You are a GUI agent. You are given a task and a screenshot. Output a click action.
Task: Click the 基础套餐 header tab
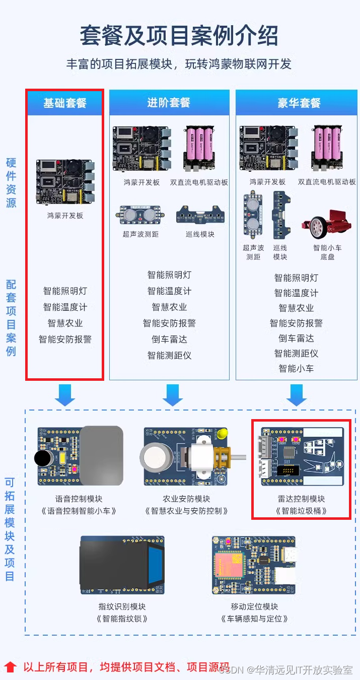tap(65, 103)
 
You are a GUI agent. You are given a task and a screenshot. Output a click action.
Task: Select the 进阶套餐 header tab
tap(169, 103)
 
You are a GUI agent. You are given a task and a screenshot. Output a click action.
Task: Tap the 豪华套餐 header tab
tap(299, 103)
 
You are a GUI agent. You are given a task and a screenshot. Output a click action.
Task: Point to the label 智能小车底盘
tap(327, 252)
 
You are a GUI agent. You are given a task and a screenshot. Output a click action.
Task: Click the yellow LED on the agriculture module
tap(223, 433)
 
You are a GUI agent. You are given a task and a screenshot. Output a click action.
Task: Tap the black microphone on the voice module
tap(44, 458)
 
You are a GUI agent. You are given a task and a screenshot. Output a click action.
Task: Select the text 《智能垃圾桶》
tap(301, 511)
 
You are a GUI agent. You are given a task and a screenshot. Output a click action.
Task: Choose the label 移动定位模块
tap(254, 606)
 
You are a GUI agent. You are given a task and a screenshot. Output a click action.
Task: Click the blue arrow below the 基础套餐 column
tap(65, 395)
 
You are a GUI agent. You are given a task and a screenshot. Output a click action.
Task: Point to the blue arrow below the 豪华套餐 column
tap(297, 395)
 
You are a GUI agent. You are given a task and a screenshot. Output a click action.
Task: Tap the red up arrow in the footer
tap(11, 667)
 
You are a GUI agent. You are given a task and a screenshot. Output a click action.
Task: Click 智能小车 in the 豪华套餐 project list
tap(296, 368)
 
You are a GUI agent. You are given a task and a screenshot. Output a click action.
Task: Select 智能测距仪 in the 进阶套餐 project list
tap(169, 355)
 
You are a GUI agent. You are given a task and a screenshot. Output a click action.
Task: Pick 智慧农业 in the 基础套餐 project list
tap(65, 323)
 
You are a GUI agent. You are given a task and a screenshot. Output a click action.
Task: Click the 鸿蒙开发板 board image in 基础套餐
tap(65, 181)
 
